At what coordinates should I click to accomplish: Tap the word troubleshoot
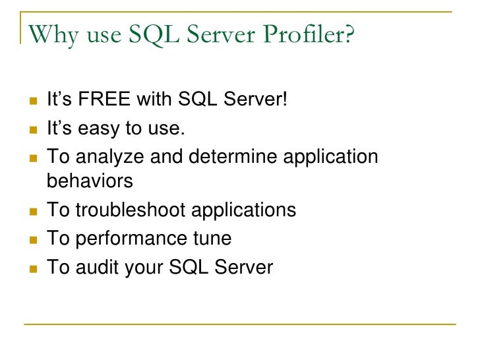click(x=131, y=210)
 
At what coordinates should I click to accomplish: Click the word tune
click(x=212, y=239)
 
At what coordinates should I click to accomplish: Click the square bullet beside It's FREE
click(x=32, y=100)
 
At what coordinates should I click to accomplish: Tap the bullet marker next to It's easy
click(x=32, y=129)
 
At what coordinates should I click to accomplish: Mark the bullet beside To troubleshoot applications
click(x=32, y=210)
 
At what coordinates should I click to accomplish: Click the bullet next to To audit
click(x=32, y=268)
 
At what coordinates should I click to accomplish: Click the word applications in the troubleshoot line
click(x=243, y=210)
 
